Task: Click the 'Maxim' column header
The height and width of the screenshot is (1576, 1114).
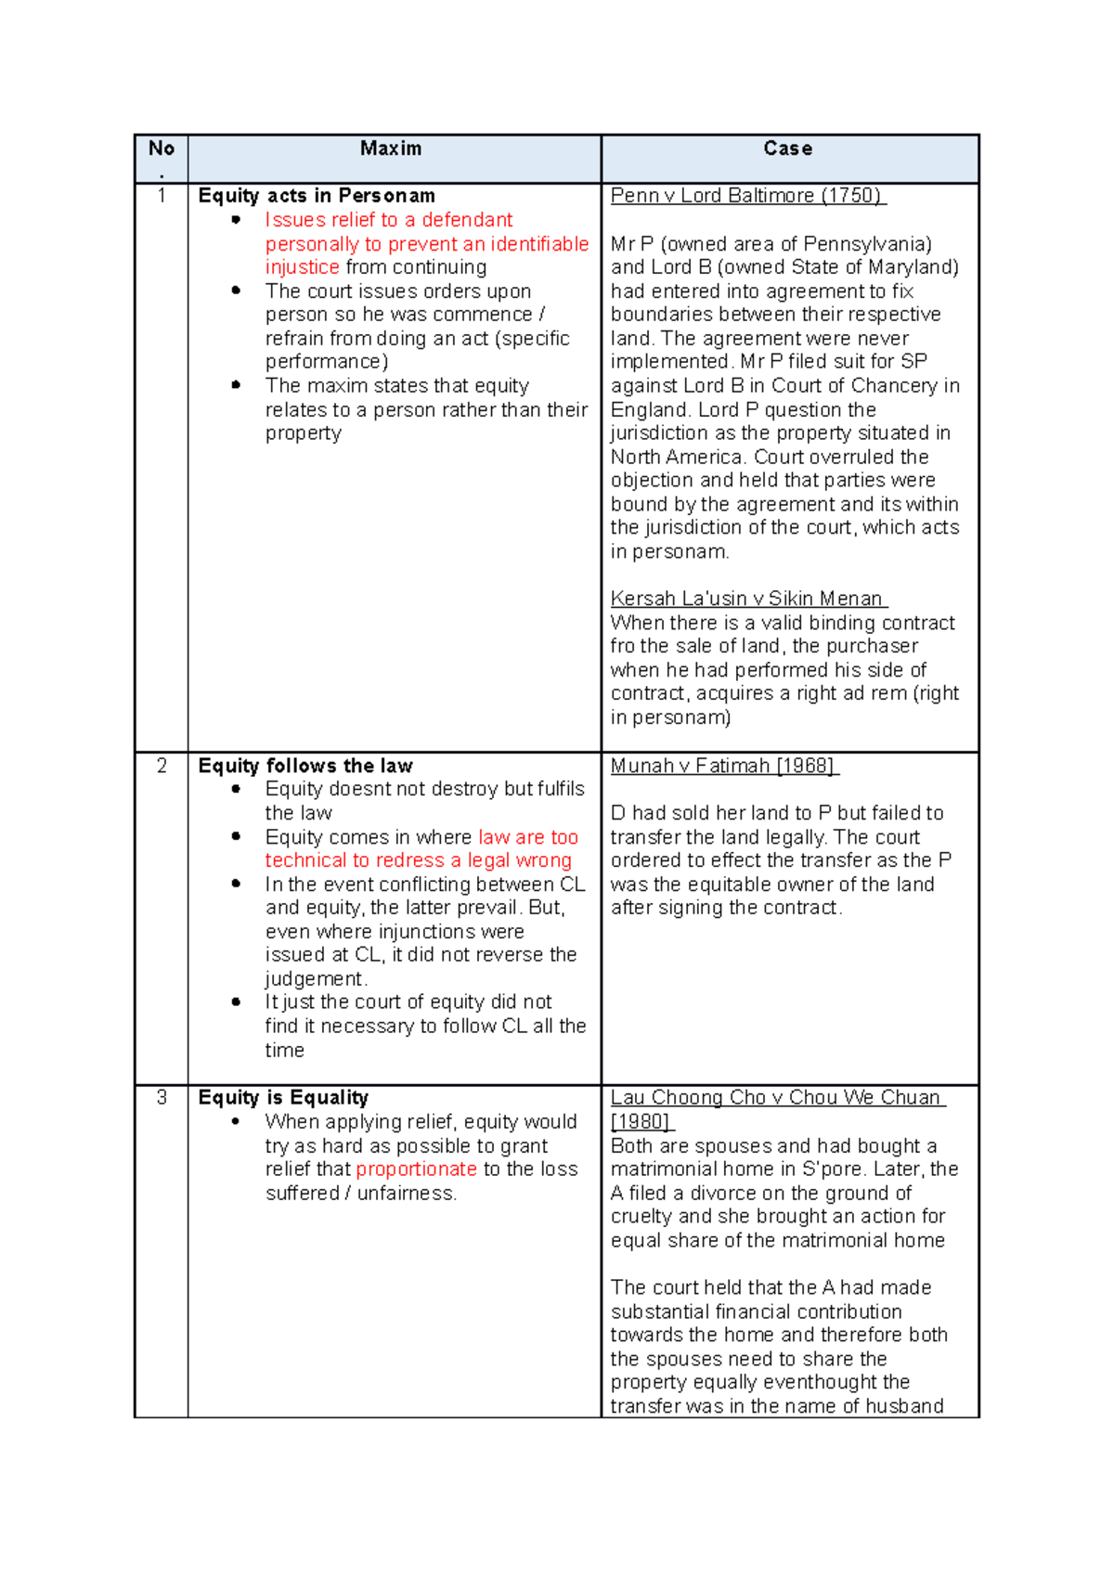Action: [391, 149]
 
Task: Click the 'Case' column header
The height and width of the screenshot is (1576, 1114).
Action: [787, 149]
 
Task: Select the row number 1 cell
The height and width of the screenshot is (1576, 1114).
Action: [162, 196]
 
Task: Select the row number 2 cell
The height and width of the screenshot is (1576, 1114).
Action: [162, 766]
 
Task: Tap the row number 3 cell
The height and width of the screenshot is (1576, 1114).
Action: [162, 1098]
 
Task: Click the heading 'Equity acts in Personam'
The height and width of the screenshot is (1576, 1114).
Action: [317, 196]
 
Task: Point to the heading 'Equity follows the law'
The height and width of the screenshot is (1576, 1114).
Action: [305, 766]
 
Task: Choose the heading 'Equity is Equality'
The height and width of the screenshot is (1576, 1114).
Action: [283, 1098]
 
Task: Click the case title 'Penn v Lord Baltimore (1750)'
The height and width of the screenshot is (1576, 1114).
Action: [746, 196]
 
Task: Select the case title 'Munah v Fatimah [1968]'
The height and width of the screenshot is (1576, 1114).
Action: [723, 766]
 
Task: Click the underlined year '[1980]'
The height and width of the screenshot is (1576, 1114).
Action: [641, 1122]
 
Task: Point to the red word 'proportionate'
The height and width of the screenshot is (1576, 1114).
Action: [416, 1169]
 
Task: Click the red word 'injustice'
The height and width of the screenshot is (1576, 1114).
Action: [302, 267]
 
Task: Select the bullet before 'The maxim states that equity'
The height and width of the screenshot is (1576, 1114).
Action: [237, 384]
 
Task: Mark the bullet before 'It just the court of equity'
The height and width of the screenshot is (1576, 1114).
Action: [237, 1001]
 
